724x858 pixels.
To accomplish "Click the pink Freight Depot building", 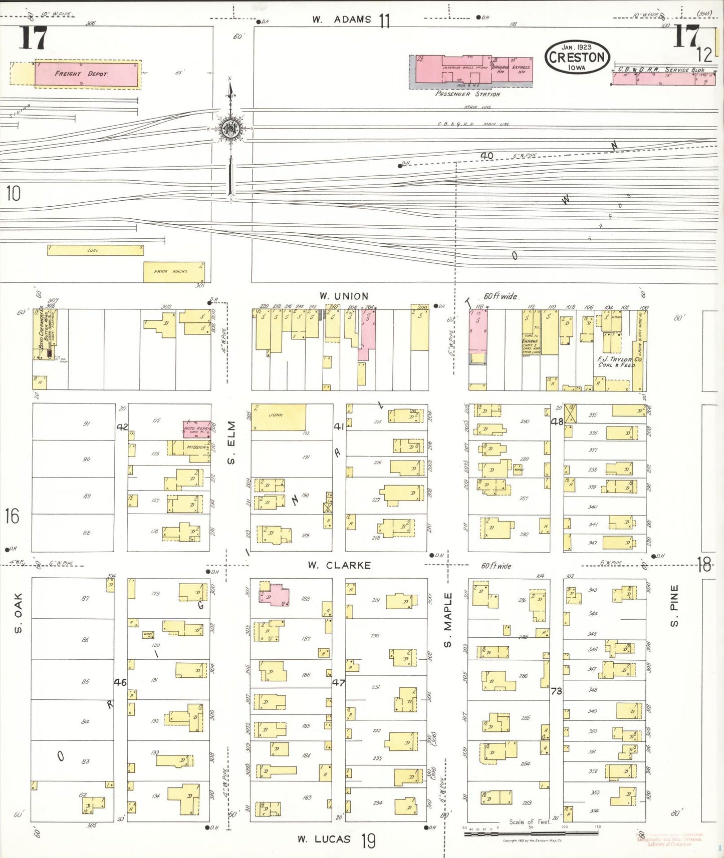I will click(86, 74).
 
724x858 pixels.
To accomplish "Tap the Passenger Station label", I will click(467, 94).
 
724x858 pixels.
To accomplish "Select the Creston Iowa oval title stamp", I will click(577, 57).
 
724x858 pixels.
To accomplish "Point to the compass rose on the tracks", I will click(230, 129).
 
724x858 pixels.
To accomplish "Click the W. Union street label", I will click(344, 296).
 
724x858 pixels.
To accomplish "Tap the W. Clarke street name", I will click(339, 565).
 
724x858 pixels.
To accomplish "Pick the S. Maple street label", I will click(448, 620).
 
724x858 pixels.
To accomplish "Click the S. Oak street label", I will click(19, 613).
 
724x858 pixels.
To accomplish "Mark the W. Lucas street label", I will click(324, 839).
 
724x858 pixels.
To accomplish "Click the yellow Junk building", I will click(279, 417).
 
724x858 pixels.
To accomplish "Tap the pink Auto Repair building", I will click(196, 429).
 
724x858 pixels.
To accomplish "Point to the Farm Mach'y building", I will click(173, 272).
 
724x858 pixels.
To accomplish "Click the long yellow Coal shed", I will click(95, 250).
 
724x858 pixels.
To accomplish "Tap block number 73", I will click(556, 691).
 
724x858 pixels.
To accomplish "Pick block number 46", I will click(120, 682).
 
